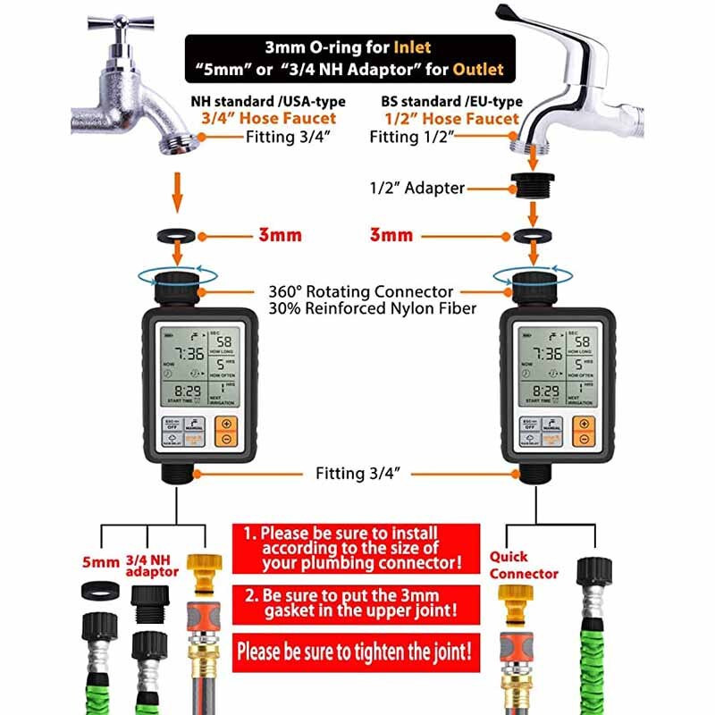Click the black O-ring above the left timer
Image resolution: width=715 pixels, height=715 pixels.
176,236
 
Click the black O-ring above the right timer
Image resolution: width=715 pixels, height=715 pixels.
533,236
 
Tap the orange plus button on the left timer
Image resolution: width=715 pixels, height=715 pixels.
227,425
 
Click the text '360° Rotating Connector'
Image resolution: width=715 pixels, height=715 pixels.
360,291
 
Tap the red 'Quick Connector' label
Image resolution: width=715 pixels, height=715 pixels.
523,565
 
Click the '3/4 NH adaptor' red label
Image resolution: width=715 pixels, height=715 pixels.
149,565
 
